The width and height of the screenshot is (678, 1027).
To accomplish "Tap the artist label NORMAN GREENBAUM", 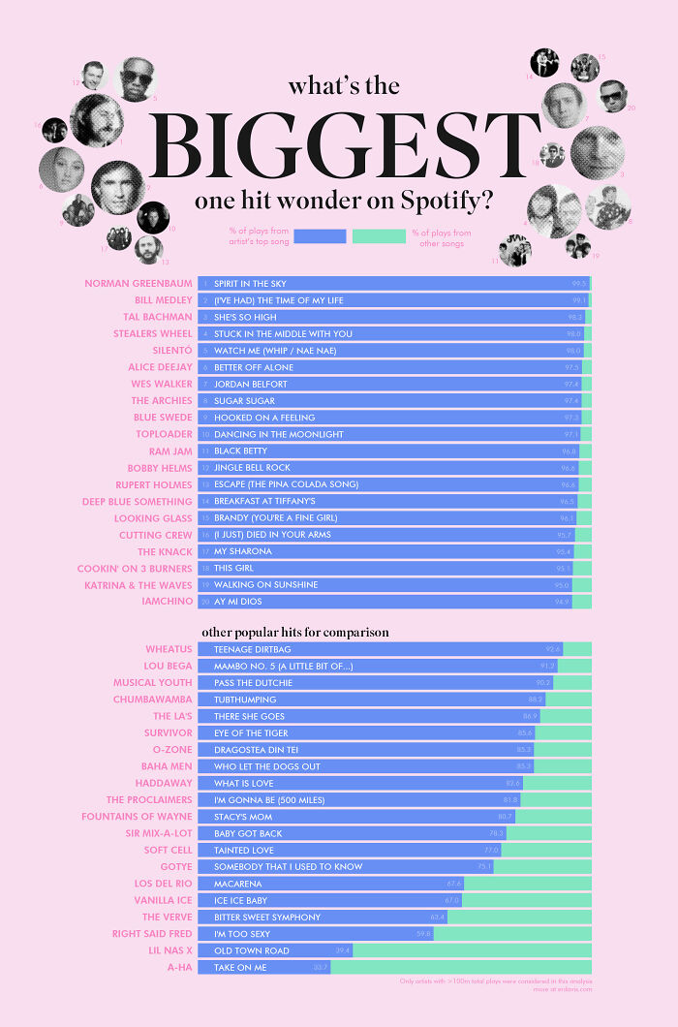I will (139, 284).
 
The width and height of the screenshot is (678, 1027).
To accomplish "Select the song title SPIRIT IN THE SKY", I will (251, 284).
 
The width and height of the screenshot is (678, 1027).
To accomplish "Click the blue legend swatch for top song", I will (319, 236).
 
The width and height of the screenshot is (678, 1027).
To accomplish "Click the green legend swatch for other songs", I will (379, 236).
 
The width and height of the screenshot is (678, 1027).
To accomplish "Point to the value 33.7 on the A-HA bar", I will (321, 967).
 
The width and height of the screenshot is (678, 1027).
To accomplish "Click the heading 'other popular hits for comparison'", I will (295, 632).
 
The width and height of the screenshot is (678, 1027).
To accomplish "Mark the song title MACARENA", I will (235, 884).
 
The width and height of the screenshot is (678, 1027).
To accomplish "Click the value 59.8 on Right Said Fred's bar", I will (423, 934).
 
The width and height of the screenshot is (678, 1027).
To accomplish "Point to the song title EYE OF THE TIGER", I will (251, 732).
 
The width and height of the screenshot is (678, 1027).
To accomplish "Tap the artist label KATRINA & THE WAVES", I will (138, 585).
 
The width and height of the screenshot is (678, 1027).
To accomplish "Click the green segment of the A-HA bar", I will (461, 967).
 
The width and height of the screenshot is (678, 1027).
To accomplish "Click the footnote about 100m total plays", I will (495, 981).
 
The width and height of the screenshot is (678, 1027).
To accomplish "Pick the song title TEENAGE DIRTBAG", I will (252, 649).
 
